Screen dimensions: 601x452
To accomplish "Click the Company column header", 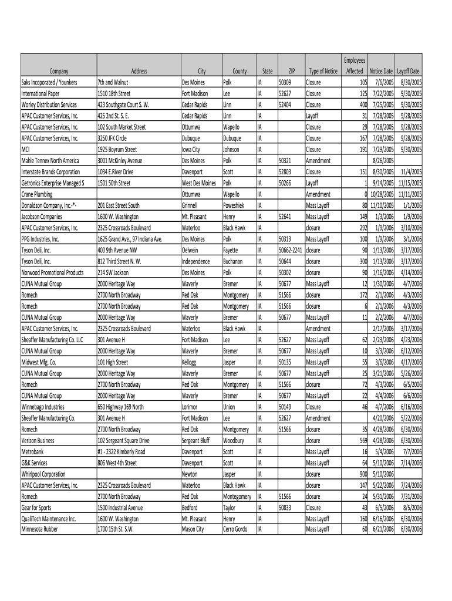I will click(59, 71).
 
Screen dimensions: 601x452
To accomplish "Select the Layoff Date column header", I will click(408, 71).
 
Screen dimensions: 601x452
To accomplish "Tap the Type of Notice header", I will click(323, 71).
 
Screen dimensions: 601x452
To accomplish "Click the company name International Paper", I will click(41, 93).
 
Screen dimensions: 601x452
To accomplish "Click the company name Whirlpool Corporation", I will click(43, 474).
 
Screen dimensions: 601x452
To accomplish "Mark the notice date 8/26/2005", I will click(382, 160).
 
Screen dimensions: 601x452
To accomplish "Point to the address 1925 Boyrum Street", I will click(117, 149).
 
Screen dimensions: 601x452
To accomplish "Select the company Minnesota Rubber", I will click(40, 529).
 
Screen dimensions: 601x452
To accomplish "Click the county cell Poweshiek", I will click(236, 205).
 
